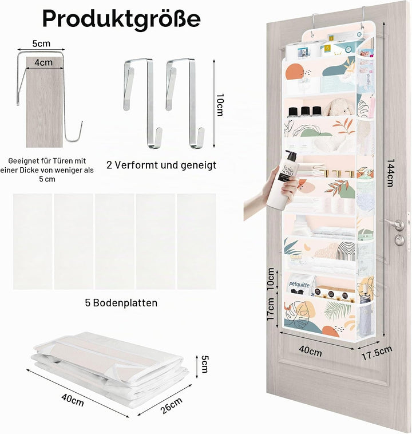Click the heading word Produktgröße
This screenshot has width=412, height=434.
tap(121, 19)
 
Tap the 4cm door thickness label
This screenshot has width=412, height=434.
tap(43, 62)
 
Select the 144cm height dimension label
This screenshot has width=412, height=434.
tap(390, 173)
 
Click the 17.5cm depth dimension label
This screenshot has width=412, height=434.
tap(377, 353)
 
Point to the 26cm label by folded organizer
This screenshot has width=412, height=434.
tap(172, 405)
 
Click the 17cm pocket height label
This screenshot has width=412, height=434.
tap(270, 309)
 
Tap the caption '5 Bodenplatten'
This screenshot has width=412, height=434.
tap(121, 303)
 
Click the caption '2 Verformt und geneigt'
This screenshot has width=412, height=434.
tap(161, 165)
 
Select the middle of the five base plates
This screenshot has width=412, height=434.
tap(114, 242)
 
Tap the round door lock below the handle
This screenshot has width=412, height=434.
tap(399, 240)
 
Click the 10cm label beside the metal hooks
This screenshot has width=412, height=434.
tap(219, 105)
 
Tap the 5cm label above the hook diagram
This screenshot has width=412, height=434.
tap(42, 44)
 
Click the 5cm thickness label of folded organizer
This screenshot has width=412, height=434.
tap(204, 364)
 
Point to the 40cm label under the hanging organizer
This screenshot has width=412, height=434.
tap(310, 350)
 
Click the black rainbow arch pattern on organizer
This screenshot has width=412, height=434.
tap(346, 251)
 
